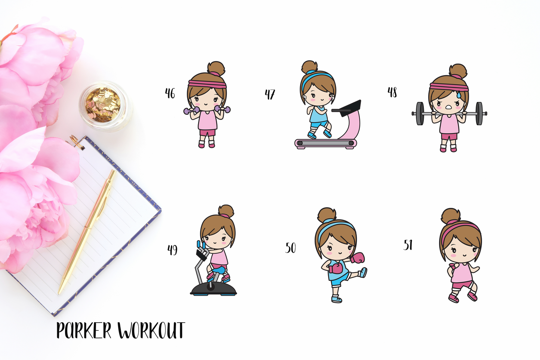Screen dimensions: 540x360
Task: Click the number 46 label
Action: (170, 93)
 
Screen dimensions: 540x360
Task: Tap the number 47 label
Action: (270, 94)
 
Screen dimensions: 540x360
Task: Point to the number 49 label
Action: (172, 250)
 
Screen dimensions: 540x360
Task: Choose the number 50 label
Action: (290, 247)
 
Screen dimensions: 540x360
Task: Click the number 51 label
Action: (408, 245)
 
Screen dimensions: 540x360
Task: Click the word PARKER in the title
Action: (84, 330)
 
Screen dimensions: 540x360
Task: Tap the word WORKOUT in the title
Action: (152, 330)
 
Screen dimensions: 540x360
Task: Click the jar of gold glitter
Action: (105, 106)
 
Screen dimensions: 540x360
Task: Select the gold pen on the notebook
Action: (87, 232)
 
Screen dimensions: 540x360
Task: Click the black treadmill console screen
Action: (347, 106)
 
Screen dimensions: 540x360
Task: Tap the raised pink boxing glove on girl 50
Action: (358, 258)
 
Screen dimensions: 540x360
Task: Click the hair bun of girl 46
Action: (216, 68)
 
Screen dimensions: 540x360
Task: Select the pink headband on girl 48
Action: (449, 87)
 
